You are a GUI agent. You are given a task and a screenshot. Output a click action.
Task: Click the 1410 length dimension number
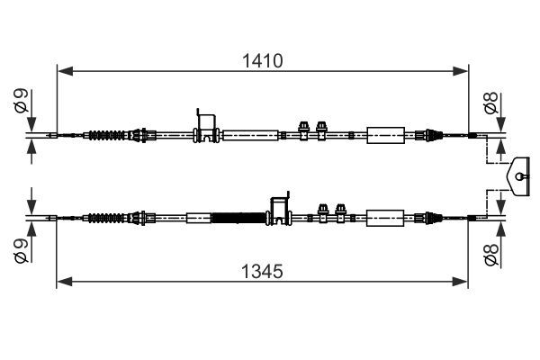tap(264, 61)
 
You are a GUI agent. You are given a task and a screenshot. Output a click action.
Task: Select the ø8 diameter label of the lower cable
tap(490, 254)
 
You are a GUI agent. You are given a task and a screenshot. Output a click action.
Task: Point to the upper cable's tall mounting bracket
tap(207, 126)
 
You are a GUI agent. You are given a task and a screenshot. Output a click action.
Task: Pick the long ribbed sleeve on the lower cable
tap(239, 217)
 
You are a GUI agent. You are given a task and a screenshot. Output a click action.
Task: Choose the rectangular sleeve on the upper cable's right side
tap(387, 136)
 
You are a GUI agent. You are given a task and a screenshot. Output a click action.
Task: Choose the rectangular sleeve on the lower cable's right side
tap(387, 217)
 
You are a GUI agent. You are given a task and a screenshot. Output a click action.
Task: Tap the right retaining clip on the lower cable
tap(340, 212)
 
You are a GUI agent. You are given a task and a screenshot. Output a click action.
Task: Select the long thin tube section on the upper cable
tap(249, 136)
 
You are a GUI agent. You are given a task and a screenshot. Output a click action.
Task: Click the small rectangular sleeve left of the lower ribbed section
tap(198, 217)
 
